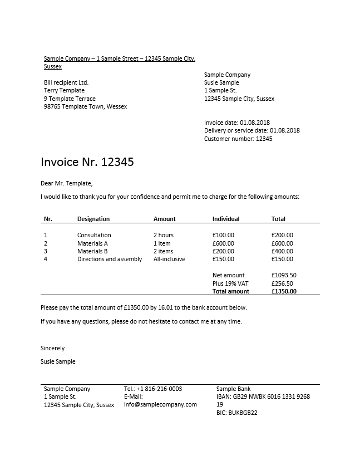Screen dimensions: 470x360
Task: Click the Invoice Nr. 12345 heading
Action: click(x=87, y=162)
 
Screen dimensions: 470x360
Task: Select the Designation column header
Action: click(x=93, y=219)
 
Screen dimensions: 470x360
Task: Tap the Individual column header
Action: click(x=226, y=219)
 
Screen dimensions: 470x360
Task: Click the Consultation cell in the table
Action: click(x=94, y=235)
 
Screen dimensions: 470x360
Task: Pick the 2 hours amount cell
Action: click(x=164, y=235)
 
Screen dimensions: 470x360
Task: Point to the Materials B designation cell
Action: click(x=92, y=251)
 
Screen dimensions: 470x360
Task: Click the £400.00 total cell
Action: click(x=282, y=251)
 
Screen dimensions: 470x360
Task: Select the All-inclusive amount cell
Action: click(x=169, y=259)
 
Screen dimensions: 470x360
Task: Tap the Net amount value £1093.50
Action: click(x=284, y=275)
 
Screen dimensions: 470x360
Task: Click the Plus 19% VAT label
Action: click(x=230, y=283)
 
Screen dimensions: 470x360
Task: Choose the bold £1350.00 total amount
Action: click(x=284, y=291)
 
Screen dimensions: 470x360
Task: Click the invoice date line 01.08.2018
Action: click(x=237, y=122)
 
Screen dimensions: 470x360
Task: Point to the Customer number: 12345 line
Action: click(x=238, y=139)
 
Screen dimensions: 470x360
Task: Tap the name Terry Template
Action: click(x=64, y=90)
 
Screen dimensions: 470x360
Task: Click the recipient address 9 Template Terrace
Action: click(x=70, y=99)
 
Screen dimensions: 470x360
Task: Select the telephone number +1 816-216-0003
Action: click(x=153, y=389)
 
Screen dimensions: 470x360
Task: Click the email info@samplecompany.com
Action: click(x=160, y=404)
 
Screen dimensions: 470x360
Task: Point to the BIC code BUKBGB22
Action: click(x=236, y=413)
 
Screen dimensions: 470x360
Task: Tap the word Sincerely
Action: click(x=53, y=348)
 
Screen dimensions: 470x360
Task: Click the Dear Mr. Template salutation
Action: click(x=67, y=183)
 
